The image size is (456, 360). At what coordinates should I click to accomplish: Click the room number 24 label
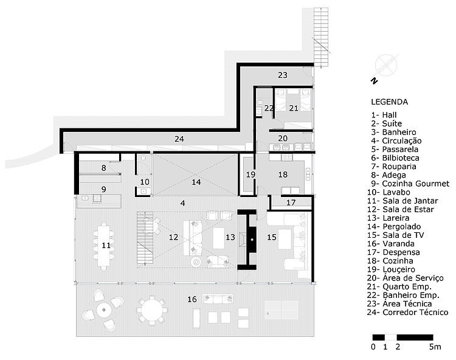179,139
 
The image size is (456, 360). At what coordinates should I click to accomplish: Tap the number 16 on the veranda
192,299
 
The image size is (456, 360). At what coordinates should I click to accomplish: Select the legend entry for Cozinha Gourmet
410,184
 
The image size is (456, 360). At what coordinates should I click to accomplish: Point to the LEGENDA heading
389,102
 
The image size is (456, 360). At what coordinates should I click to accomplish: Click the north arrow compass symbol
385,66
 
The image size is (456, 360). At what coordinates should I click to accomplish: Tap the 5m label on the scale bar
435,347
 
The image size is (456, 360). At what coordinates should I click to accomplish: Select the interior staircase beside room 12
145,238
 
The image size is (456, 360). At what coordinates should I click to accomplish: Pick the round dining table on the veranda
151,310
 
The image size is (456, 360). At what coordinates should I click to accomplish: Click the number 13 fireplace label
230,237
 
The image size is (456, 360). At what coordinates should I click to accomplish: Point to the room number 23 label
282,75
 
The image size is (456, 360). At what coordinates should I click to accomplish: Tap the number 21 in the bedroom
294,108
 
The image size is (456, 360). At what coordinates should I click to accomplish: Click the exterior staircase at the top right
321,37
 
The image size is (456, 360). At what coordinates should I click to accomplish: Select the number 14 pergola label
196,182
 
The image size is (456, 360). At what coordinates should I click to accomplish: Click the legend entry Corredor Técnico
408,313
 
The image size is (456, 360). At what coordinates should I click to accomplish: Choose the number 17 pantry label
291,202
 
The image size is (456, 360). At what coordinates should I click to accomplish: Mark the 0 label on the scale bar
373,347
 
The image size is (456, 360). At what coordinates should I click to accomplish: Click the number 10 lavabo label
145,182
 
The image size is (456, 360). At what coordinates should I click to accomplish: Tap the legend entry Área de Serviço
406,279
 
